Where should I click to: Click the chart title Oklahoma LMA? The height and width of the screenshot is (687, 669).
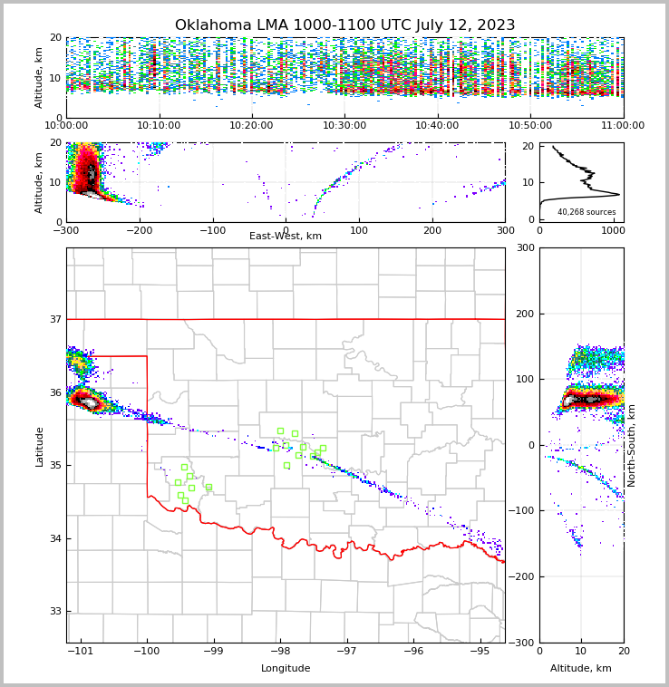344,25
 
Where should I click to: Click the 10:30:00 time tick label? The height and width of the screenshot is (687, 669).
344,126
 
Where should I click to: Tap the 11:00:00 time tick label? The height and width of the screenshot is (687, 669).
623,126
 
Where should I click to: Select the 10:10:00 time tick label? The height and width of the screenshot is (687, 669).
159,126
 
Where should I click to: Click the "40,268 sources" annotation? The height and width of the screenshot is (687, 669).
587,212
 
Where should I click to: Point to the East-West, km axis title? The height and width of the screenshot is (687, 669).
286,237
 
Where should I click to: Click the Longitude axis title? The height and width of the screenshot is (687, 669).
286,669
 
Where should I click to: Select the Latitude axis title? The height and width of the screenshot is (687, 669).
40,446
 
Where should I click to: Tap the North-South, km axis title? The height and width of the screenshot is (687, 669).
631,445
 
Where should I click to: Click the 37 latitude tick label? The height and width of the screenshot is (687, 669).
54,319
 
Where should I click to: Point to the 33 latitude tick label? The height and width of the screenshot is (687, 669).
54,611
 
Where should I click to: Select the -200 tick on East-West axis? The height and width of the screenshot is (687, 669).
139,230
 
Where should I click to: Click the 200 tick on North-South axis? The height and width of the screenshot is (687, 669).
525,314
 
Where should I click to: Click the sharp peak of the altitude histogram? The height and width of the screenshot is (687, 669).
618,194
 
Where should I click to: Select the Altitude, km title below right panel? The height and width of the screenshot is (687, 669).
581,669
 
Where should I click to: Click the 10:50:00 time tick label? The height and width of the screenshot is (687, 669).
530,126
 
